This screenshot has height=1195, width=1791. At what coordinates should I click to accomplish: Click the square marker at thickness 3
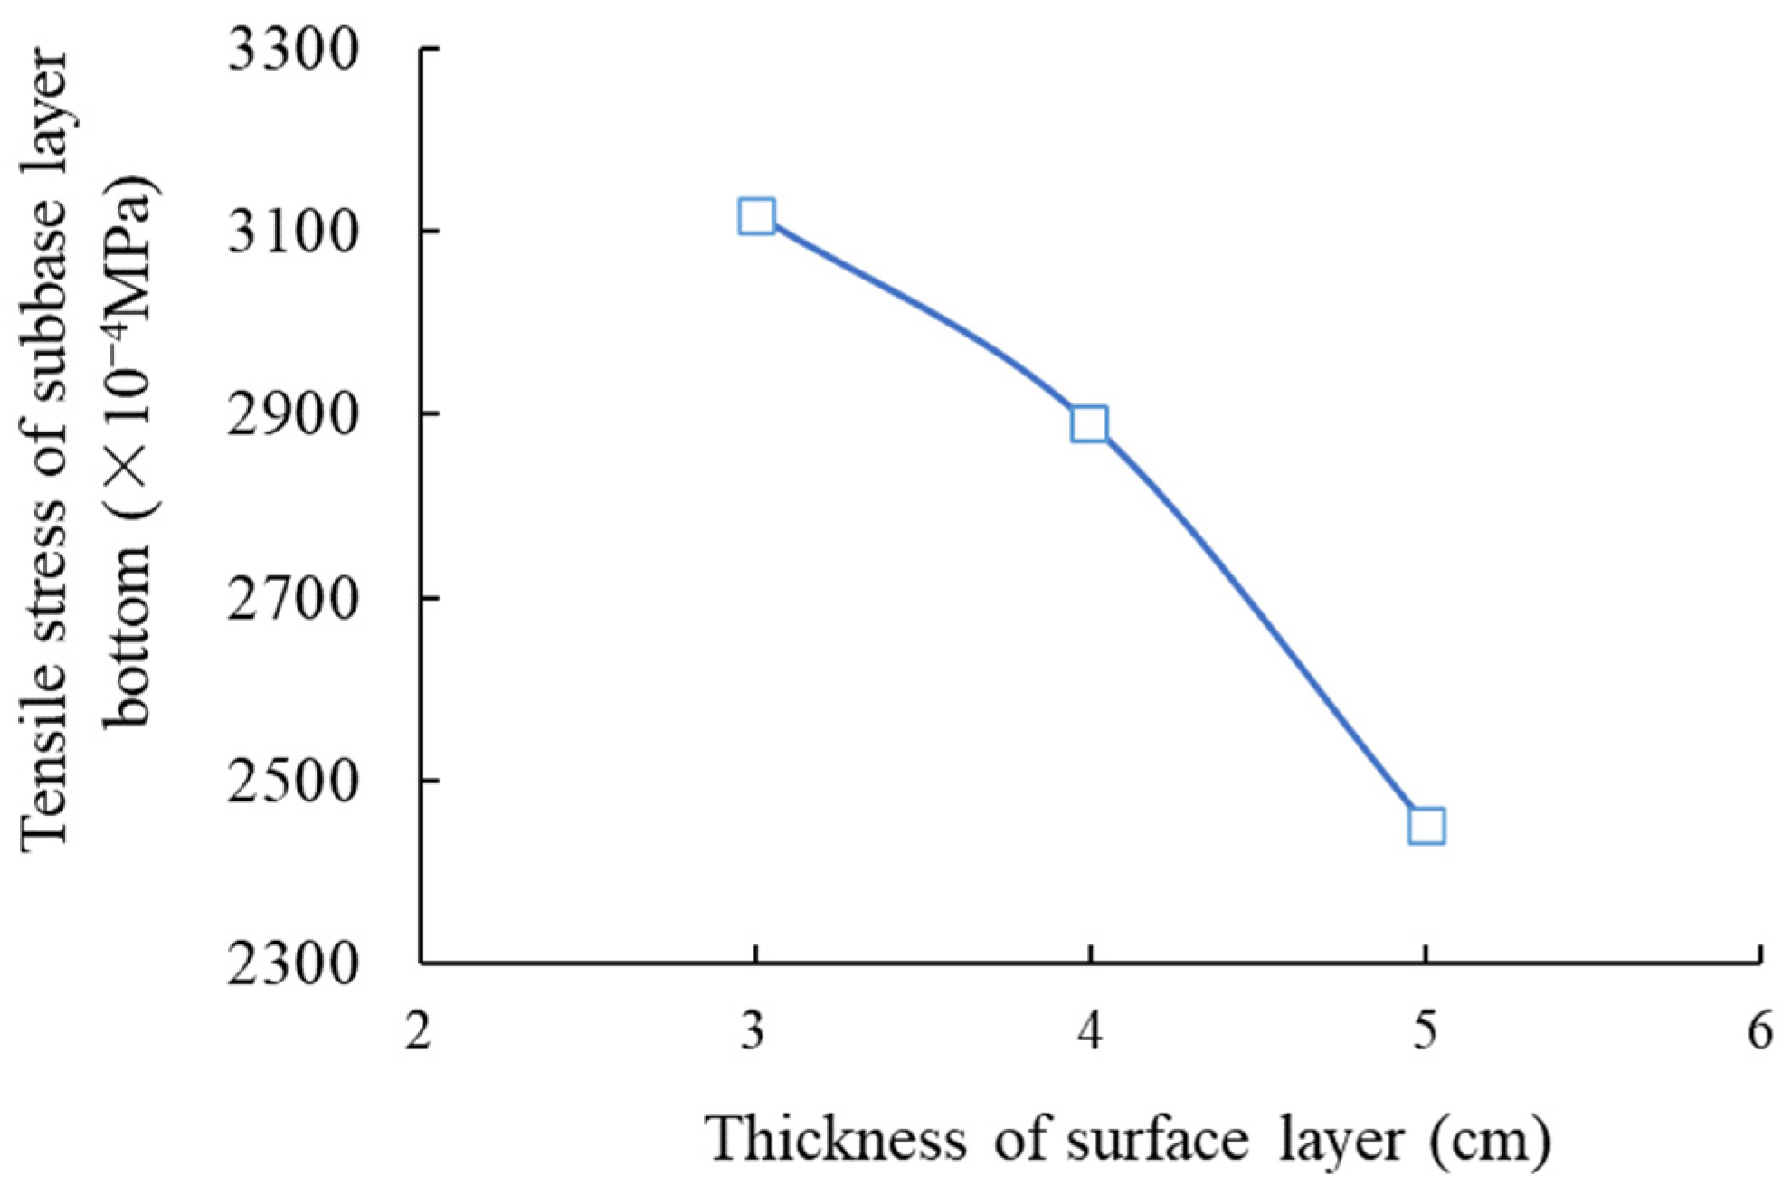(x=756, y=217)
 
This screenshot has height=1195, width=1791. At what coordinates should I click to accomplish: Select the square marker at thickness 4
(x=1089, y=423)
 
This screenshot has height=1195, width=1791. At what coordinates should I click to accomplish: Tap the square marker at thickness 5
(x=1426, y=826)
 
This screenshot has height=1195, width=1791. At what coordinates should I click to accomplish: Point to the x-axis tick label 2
(x=418, y=1031)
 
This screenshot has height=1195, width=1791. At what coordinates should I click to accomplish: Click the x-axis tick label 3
(x=753, y=1031)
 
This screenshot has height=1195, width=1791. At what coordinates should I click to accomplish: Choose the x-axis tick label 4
(x=1091, y=1031)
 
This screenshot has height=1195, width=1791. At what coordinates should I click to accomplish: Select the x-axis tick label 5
(x=1426, y=1031)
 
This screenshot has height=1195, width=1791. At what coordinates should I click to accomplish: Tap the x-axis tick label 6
(x=1760, y=1031)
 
